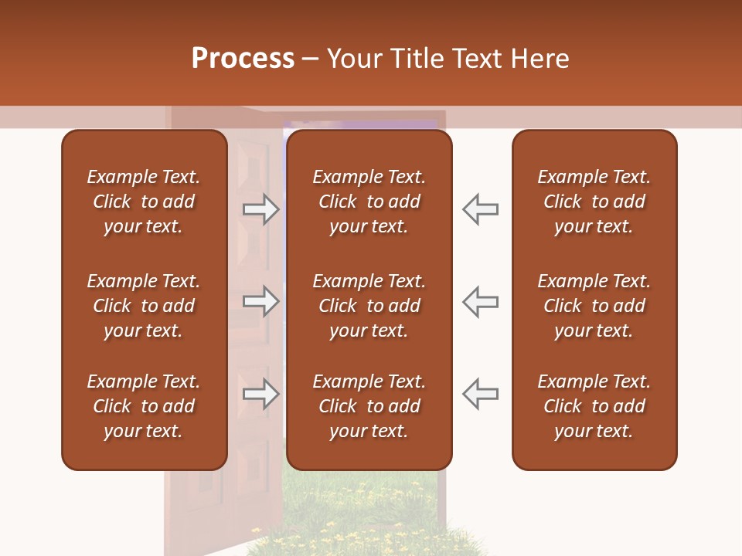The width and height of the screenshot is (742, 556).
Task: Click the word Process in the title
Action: (x=243, y=59)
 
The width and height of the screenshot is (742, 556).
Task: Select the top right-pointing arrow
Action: (x=261, y=209)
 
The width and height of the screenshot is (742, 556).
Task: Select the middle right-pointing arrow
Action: (x=261, y=301)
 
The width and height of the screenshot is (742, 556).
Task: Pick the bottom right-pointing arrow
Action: (x=261, y=393)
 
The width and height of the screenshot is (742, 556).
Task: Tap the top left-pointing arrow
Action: (x=480, y=209)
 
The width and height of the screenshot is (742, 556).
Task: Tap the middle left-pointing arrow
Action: (x=480, y=301)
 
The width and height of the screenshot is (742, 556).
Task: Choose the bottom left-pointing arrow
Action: (x=480, y=393)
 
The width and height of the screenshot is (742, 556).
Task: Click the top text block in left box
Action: (x=144, y=202)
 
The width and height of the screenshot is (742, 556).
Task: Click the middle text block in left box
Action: (x=144, y=306)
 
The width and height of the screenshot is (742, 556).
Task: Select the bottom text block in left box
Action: (x=144, y=406)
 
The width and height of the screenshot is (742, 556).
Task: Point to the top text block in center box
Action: (x=369, y=202)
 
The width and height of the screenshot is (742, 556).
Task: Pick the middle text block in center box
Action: (x=369, y=306)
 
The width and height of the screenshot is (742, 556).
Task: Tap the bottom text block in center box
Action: (x=369, y=406)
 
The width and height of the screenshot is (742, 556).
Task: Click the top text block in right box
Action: (x=594, y=202)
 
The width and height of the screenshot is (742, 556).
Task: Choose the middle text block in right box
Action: (x=594, y=306)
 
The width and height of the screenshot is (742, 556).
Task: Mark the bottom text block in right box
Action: (x=594, y=406)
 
